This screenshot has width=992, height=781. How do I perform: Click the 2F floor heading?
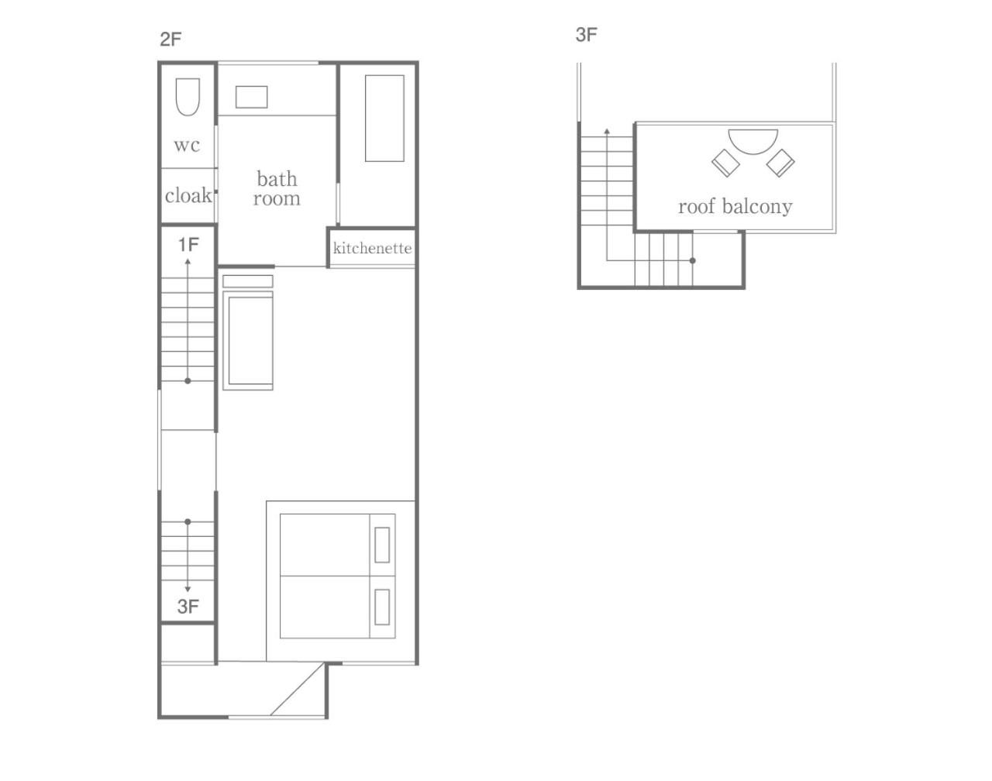coord(170,40)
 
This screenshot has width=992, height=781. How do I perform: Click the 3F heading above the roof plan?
coord(587,35)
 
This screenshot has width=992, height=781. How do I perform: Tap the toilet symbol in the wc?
coord(188,97)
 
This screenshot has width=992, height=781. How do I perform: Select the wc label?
coord(187,145)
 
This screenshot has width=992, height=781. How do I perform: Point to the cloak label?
coord(188,195)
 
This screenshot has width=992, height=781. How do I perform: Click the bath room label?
coord(277,188)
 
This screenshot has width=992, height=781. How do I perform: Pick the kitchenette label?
coord(373,248)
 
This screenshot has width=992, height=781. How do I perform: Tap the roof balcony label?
coord(735,206)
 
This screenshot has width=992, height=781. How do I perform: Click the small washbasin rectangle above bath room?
coord(252,97)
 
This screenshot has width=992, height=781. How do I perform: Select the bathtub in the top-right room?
coord(385,119)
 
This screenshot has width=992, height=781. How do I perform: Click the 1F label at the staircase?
coord(188,245)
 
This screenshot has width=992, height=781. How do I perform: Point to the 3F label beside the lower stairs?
coord(188,607)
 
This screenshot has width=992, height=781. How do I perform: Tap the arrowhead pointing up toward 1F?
coord(188,261)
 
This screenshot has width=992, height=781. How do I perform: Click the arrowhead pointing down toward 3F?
coord(188,589)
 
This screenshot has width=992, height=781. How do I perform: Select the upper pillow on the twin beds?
coord(382,545)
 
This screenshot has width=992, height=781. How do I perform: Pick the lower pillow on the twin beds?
coord(382,607)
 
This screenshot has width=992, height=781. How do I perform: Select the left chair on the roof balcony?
coord(726,163)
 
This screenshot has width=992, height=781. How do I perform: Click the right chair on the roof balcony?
coord(780,163)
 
